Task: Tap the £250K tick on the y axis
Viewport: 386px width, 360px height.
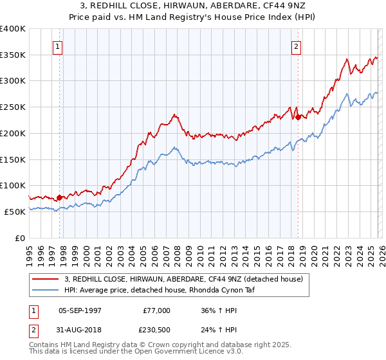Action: tap(13, 107)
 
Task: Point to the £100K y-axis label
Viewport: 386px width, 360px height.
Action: tap(13, 185)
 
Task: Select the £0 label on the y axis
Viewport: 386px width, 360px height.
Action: tap(21, 238)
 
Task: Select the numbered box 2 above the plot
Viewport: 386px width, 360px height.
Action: tap(297, 46)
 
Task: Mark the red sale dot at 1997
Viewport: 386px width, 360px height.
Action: tap(59, 197)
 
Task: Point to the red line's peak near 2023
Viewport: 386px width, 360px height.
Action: tap(347, 60)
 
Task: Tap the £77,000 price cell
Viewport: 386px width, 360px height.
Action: tap(157, 310)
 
